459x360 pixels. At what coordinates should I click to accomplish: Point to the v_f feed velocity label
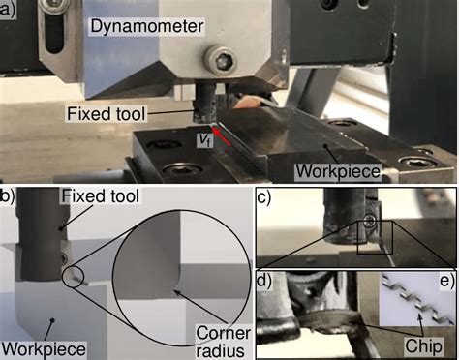point(201,139)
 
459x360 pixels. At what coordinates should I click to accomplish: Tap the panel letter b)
point(7,197)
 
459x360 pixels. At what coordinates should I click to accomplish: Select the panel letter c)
point(264,198)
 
